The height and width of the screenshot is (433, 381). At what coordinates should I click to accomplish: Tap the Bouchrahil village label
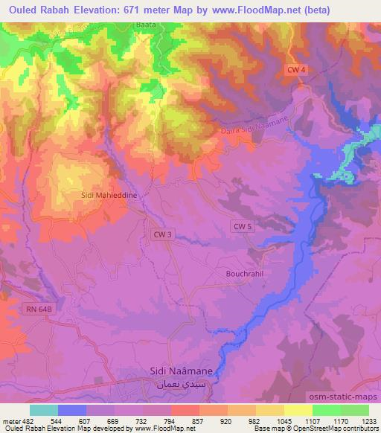point(245,272)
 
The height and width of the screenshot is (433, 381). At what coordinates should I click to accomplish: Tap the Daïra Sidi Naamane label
point(255,130)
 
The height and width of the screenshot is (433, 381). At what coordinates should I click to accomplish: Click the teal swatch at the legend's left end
point(44,410)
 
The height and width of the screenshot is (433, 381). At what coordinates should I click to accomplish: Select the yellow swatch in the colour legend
point(298,410)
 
